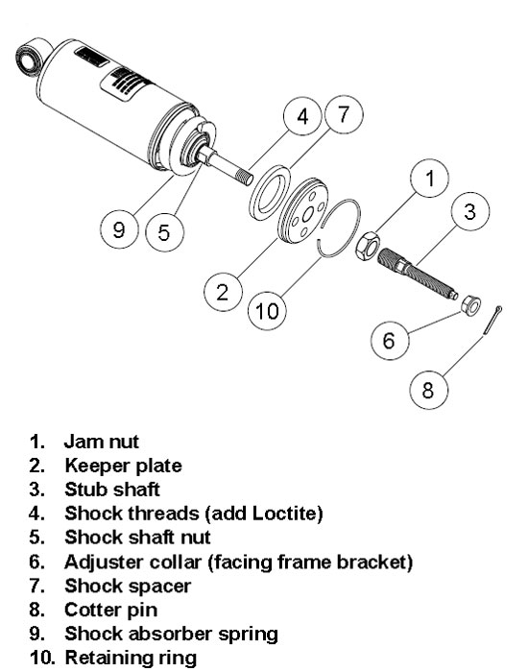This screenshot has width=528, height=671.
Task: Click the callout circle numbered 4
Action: pyautogui.click(x=302, y=116)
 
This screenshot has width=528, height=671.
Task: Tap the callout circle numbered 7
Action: pyautogui.click(x=344, y=114)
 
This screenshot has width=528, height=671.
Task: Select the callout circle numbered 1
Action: pyautogui.click(x=429, y=178)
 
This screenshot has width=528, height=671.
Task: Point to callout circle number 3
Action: pyautogui.click(x=470, y=211)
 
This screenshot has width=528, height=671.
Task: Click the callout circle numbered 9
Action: pyautogui.click(x=119, y=229)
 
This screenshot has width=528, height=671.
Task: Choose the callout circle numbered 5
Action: pyautogui.click(x=164, y=232)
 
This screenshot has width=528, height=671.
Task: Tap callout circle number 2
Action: pyautogui.click(x=223, y=292)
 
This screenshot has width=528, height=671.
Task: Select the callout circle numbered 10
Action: pyautogui.click(x=267, y=311)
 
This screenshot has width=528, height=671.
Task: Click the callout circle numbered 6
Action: pyautogui.click(x=389, y=340)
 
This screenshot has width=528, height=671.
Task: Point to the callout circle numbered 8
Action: pyautogui.click(x=428, y=390)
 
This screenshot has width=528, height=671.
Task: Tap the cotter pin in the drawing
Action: pyautogui.click(x=492, y=320)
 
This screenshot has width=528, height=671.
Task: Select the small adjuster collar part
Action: pyautogui.click(x=470, y=305)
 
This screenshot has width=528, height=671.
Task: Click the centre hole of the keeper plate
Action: pyautogui.click(x=307, y=216)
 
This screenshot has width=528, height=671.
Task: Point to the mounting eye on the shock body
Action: pyautogui.click(x=28, y=60)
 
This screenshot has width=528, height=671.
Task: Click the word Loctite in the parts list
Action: pyautogui.click(x=287, y=514)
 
